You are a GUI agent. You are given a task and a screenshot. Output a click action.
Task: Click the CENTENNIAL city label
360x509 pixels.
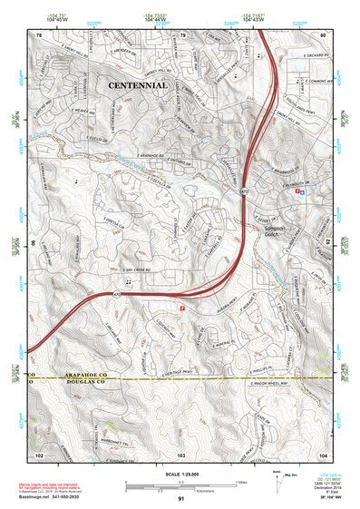tap(137, 84)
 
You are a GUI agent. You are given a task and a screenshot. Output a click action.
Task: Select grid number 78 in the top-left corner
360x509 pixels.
tap(39, 34)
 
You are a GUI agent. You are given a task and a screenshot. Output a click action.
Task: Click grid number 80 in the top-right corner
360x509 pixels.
tap(322, 34)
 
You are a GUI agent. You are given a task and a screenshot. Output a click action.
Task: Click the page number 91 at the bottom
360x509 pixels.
tap(180, 499)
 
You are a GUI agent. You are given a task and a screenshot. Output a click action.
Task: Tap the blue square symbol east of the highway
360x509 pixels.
tap(303, 191)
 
